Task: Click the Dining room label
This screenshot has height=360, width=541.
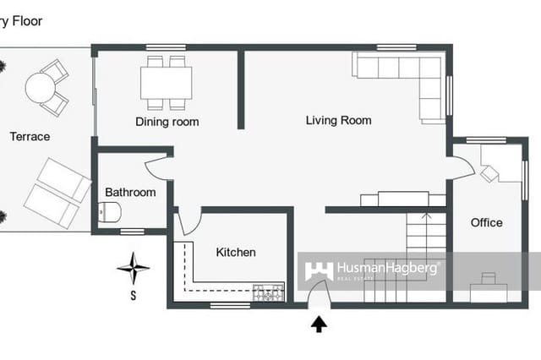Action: tap(167, 122)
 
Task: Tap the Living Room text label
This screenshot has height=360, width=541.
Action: tap(338, 121)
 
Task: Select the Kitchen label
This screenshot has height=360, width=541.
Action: tap(236, 252)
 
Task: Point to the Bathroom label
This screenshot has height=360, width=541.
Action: tap(130, 193)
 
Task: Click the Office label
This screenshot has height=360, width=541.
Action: tap(486, 223)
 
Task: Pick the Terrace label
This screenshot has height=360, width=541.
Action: tap(30, 136)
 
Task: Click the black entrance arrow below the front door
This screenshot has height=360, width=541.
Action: tap(320, 324)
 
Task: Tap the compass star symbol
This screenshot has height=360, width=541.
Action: tap(133, 270)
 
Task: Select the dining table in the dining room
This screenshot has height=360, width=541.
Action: tap(167, 83)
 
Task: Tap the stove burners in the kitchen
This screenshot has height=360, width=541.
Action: tap(270, 294)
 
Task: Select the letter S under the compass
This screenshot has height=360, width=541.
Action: tap(133, 295)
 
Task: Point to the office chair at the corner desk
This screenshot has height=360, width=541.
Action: tap(489, 173)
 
